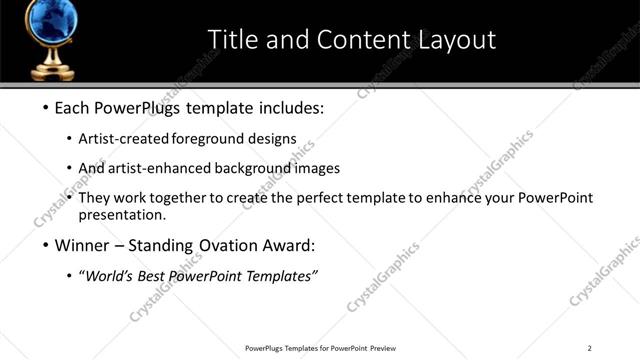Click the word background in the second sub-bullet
[x=252, y=168]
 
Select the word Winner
[x=82, y=245]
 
